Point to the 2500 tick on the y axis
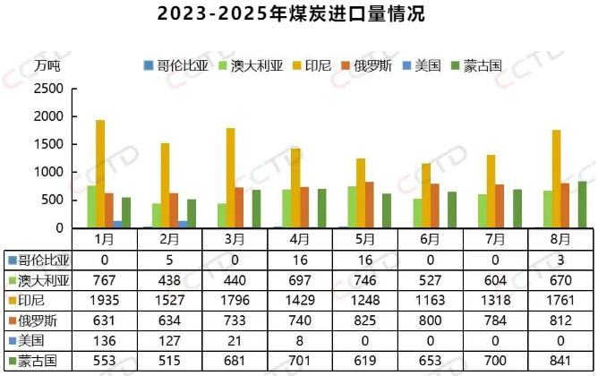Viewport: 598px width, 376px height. (x=49, y=90)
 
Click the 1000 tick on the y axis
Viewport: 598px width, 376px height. (x=49, y=172)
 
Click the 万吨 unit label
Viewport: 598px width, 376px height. (x=47, y=65)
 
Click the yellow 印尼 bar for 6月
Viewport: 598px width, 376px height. (x=426, y=195)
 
